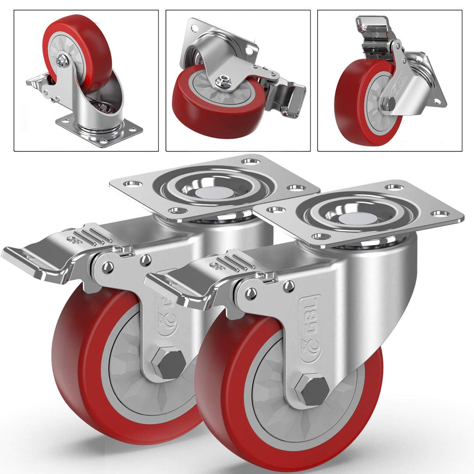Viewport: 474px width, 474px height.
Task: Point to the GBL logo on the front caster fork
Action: tap(310, 329)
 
